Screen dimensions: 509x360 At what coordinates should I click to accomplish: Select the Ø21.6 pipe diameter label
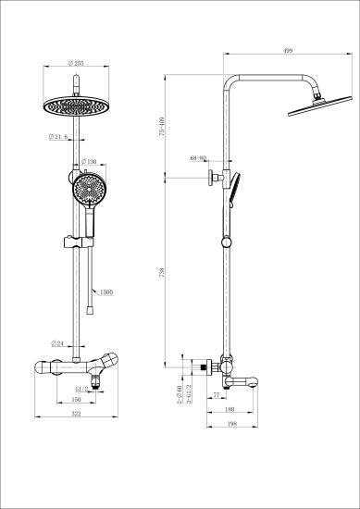pos(60,138)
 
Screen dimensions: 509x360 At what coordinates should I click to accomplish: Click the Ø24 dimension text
pos(57,341)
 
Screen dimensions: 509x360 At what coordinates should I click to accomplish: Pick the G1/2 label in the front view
pos(81,390)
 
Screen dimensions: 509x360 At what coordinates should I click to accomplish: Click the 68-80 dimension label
pos(198,158)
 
